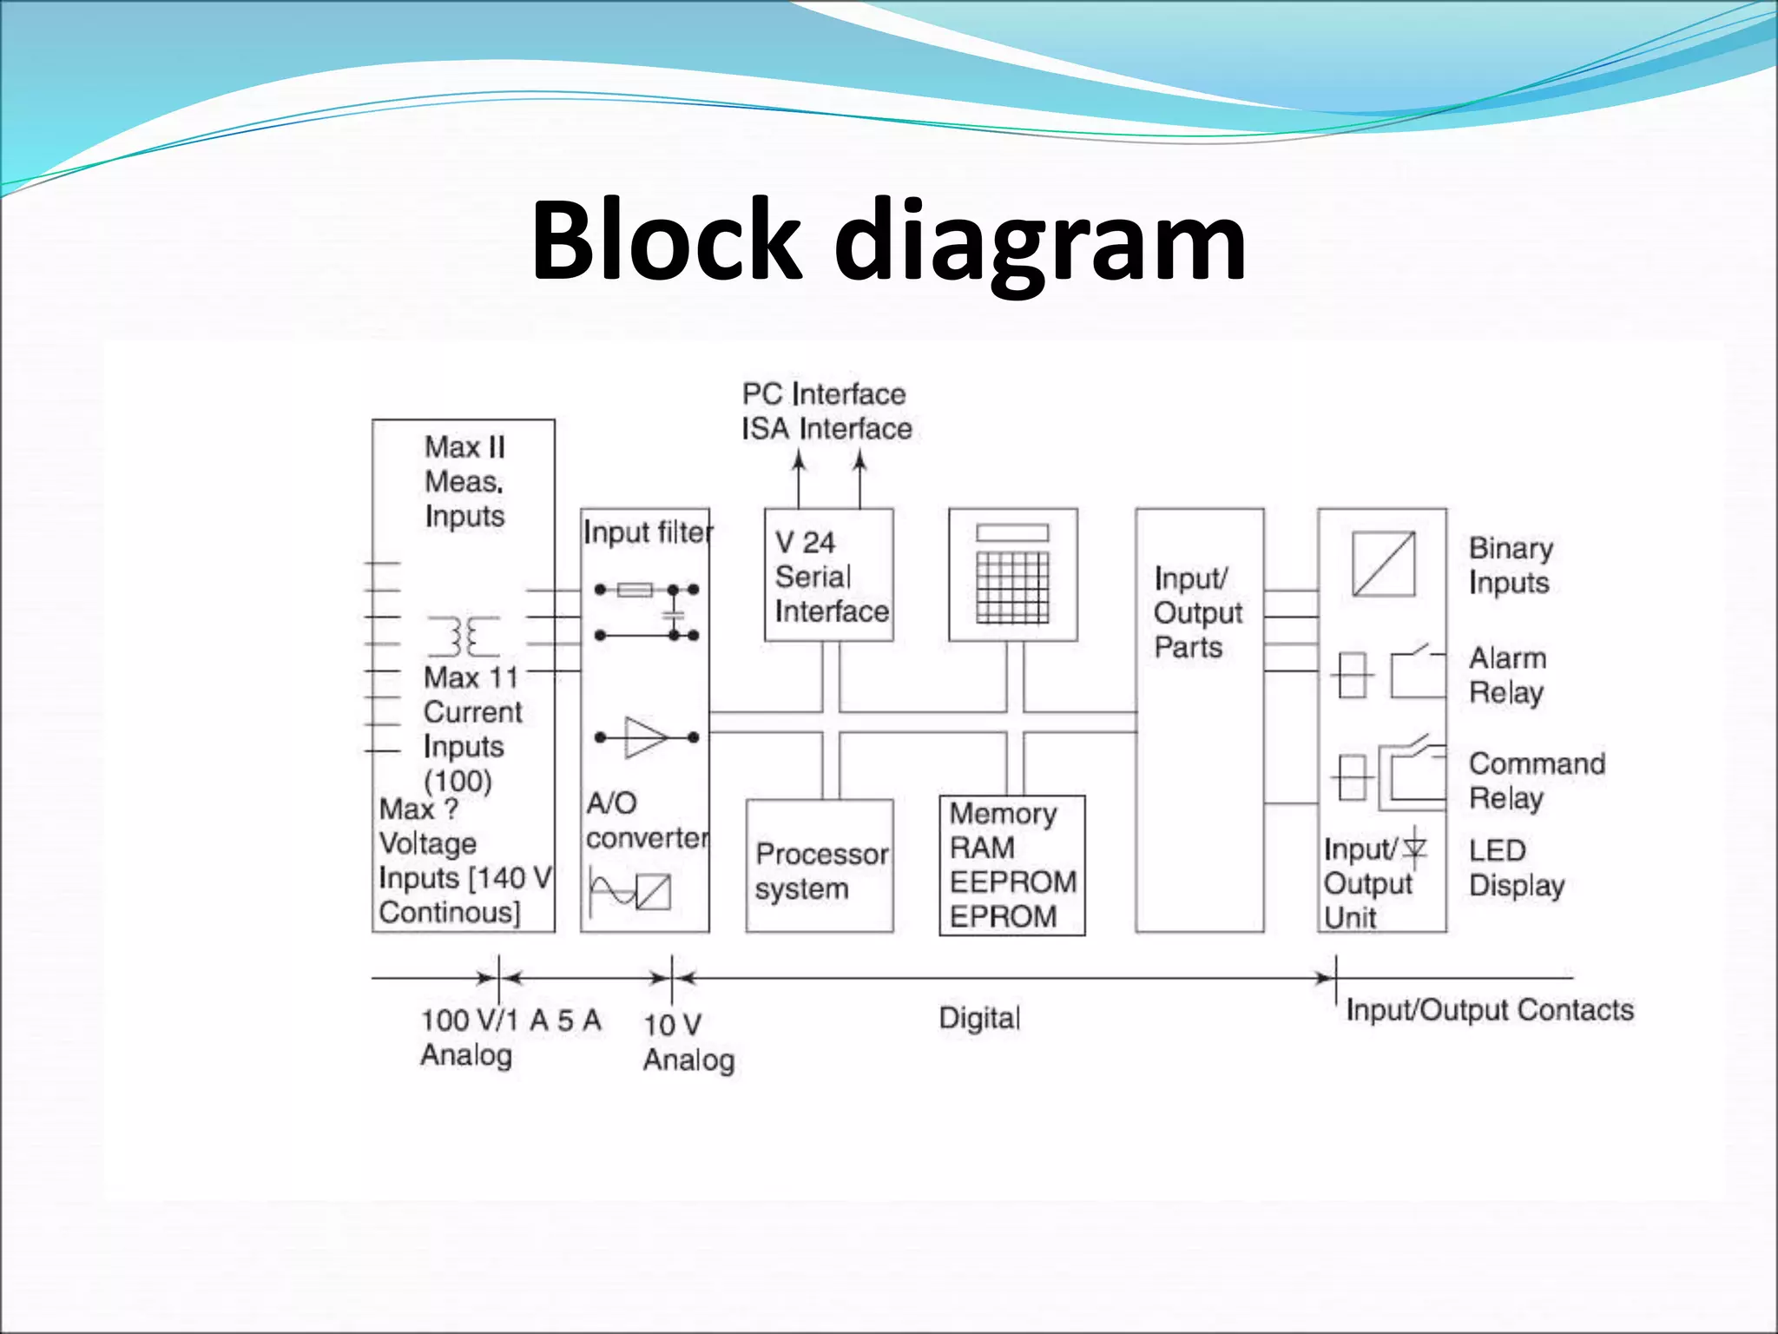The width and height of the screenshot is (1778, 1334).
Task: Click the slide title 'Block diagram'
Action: pos(888,241)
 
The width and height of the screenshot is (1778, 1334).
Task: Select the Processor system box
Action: pos(820,867)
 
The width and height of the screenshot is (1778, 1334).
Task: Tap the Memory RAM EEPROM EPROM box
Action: pos(1012,865)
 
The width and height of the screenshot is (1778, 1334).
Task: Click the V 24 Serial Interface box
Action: pos(829,575)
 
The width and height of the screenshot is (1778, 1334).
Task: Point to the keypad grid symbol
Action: pos(1012,586)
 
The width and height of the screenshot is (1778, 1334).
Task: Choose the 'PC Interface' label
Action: pos(823,394)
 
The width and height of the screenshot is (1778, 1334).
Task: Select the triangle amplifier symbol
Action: pos(646,737)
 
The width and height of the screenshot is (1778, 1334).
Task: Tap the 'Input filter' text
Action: pos(648,532)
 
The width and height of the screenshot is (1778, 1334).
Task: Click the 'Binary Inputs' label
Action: pos(1510,565)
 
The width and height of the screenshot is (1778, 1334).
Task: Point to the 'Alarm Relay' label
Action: pos(1507,676)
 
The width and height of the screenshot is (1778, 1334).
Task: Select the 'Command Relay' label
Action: pos(1536,781)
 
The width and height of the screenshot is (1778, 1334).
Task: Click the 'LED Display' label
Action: pos(1516,868)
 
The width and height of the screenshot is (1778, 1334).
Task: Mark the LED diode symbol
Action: pos(1415,848)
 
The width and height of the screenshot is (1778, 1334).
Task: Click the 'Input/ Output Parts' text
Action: pos(1197,612)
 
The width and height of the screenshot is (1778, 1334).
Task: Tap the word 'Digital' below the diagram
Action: pos(979,1018)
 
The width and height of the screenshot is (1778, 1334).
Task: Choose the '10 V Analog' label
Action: pos(688,1042)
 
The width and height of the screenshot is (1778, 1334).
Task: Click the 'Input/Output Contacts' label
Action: pos(1489,1010)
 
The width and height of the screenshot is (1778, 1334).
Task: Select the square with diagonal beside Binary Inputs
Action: pos(1383,565)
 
